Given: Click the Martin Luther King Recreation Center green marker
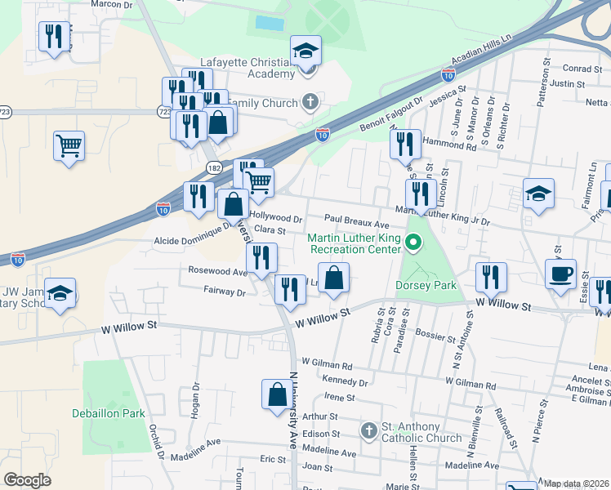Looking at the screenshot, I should pos(413,243).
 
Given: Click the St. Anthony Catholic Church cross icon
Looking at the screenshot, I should pos(369,430).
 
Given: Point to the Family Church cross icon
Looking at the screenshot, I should pos(310,102).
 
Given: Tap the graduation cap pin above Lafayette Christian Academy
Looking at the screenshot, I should pos(305,51).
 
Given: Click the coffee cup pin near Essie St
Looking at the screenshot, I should pos(560,275).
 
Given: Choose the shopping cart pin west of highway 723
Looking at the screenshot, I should pos(69,146).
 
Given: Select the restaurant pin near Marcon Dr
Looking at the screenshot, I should pos(53,37).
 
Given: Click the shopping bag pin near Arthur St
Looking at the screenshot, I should pos(276,395).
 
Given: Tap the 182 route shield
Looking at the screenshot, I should pos(214,167).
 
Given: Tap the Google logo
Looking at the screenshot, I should pos(28,480).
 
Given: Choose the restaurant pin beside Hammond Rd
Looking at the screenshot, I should pos(405,145).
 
